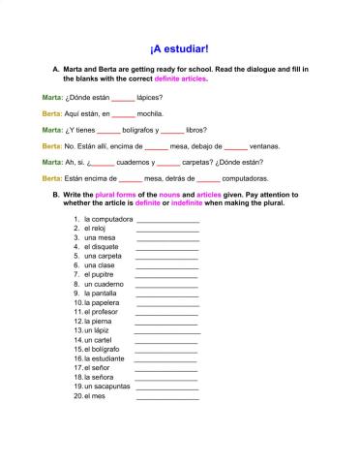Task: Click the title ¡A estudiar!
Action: tap(179, 46)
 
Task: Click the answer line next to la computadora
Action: tap(167, 220)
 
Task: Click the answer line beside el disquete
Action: tap(166, 247)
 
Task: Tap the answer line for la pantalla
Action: tap(166, 294)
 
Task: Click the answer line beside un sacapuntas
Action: tap(166, 387)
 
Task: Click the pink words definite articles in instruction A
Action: tap(180, 78)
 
